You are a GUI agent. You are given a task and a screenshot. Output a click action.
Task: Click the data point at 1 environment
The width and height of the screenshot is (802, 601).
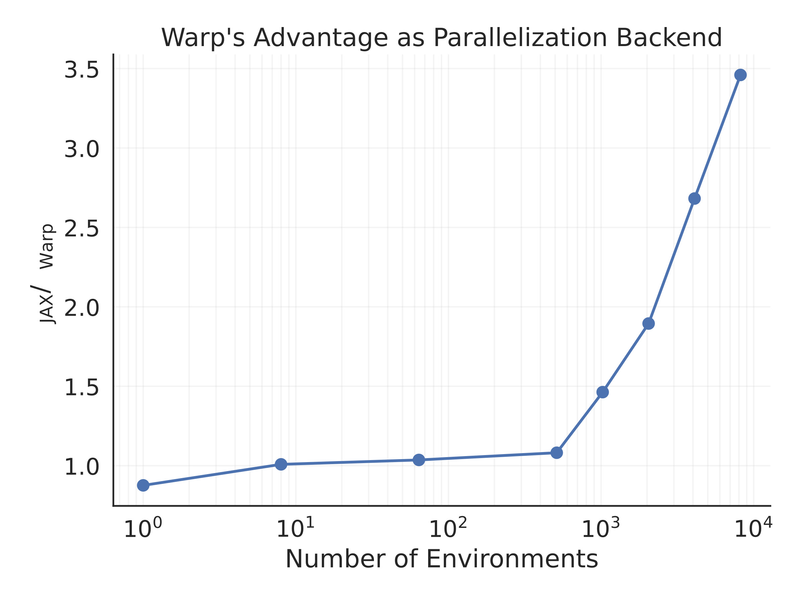tap(143, 485)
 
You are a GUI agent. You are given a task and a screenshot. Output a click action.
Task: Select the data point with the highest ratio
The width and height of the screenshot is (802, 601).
tap(741, 75)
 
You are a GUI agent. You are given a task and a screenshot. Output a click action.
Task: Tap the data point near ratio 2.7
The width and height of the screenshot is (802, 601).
tap(694, 199)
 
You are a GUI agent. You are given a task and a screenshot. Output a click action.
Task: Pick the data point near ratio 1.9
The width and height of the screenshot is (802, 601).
tap(649, 324)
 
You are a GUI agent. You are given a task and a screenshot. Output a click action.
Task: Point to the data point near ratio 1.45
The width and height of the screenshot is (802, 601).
tap(603, 392)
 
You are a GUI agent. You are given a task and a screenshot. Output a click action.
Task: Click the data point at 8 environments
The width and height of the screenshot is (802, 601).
tap(281, 464)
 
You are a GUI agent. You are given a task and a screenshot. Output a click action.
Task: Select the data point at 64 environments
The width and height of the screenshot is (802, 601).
tap(419, 460)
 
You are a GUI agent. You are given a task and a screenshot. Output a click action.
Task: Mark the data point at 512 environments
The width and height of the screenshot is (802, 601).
tap(556, 453)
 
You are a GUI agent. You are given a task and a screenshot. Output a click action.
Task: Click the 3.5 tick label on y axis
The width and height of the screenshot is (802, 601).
tap(82, 69)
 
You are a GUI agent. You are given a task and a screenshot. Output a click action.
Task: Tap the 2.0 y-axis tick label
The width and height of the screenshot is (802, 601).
tap(82, 308)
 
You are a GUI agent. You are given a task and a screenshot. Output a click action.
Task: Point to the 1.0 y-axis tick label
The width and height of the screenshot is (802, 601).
tap(82, 467)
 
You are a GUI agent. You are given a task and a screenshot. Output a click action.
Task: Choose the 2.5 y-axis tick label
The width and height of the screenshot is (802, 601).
tap(82, 229)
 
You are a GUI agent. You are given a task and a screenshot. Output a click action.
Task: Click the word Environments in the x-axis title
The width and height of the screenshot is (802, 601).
tap(512, 559)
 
